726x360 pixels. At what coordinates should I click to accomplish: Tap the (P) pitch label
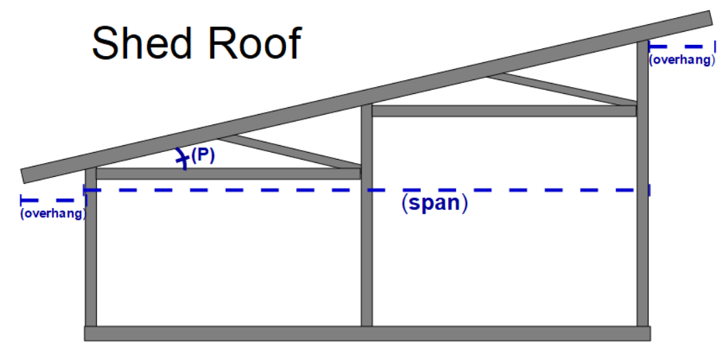tap(203, 155)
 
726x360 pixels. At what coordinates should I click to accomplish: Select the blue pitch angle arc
tap(182, 158)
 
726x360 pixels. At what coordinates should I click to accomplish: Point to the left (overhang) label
tap(52, 214)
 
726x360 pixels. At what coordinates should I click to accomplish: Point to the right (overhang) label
tap(680, 60)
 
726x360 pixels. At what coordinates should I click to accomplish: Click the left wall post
tap(90, 263)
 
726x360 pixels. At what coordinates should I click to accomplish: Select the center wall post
tap(367, 242)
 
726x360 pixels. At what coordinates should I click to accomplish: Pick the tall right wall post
tap(642, 207)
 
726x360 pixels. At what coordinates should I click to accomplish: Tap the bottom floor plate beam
tap(367, 334)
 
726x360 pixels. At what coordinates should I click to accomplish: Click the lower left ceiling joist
tap(228, 173)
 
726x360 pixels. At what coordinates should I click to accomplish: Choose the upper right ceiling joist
tap(504, 111)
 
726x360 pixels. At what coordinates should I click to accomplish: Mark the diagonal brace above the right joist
tap(560, 89)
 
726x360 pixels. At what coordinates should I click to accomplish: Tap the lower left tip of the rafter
tap(26, 176)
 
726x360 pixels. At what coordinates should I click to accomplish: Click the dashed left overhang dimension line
tap(52, 200)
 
